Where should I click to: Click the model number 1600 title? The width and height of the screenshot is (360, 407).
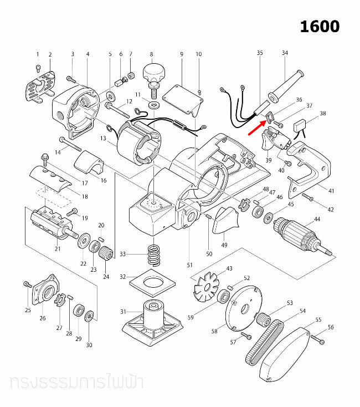[320, 26]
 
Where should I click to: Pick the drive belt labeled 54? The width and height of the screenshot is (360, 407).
[267, 342]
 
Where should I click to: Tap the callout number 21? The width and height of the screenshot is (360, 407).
[57, 248]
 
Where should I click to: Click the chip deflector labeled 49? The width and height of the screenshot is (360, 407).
[225, 218]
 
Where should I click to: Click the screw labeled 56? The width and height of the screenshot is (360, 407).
[317, 336]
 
